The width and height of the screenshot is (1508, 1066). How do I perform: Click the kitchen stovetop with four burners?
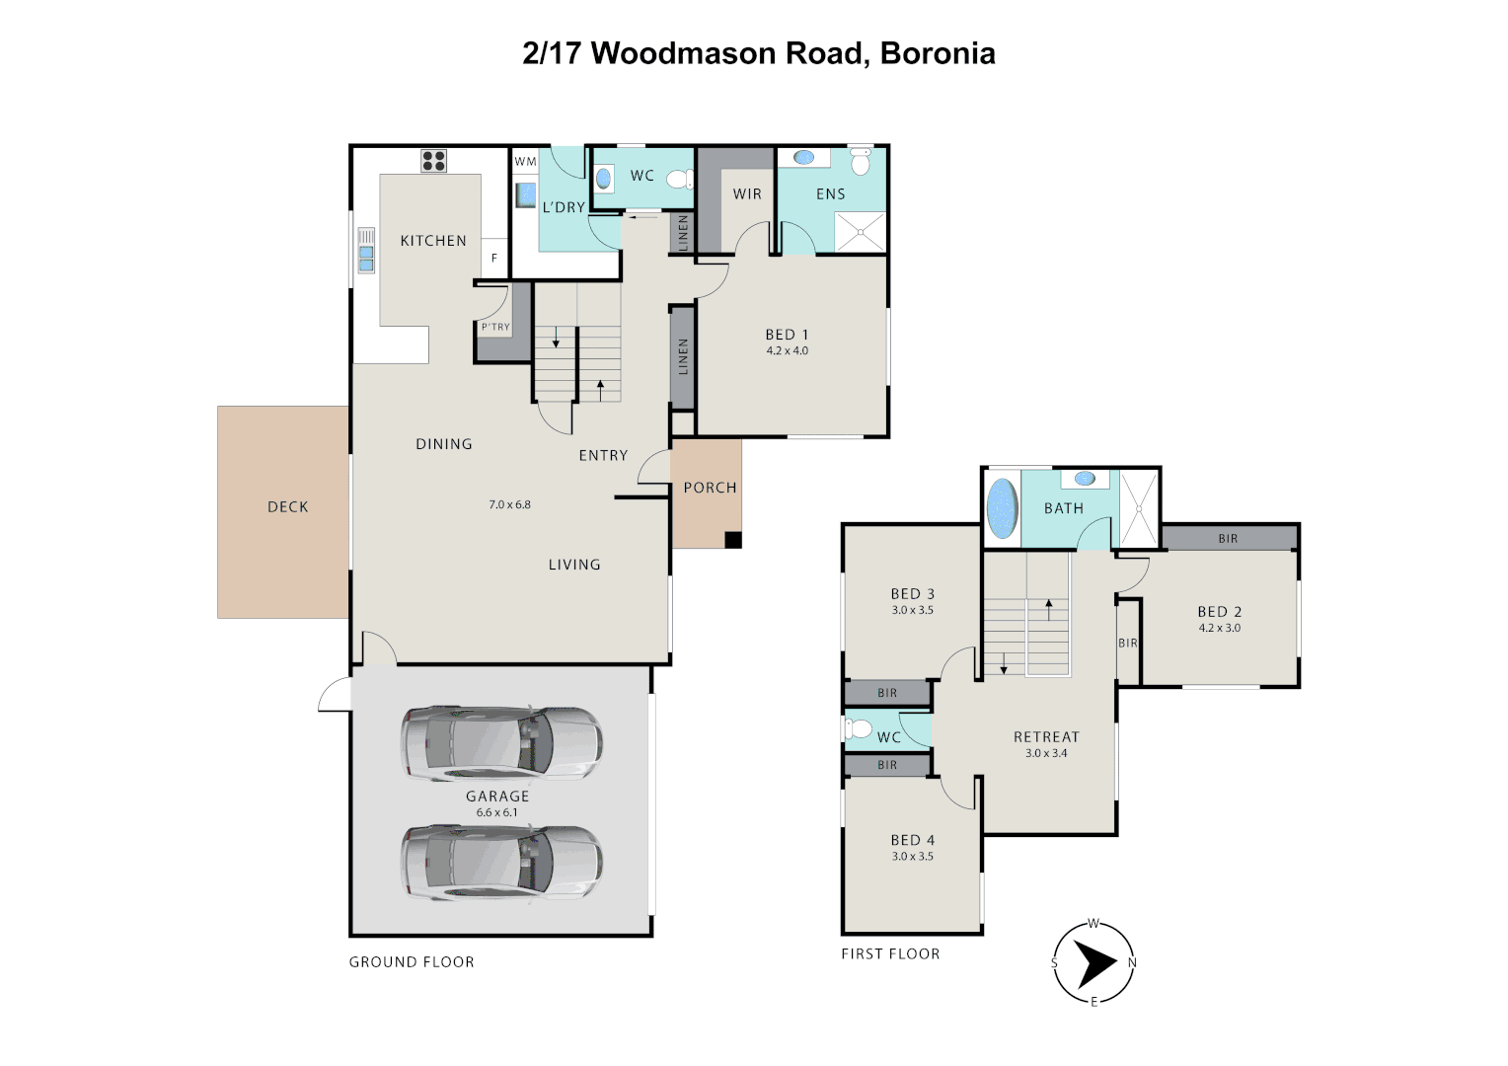(433, 161)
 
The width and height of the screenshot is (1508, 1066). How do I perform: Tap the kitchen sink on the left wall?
(366, 251)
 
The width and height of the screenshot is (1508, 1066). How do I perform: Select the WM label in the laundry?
(525, 162)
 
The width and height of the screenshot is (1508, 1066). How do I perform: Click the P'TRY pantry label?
(495, 327)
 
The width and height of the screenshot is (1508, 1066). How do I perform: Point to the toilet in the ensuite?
(861, 161)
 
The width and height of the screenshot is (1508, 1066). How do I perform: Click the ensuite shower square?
(860, 232)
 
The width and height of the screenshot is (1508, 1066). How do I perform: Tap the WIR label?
(747, 194)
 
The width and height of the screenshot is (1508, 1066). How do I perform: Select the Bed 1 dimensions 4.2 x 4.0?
(787, 350)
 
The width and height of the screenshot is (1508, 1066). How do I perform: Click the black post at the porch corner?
(732, 539)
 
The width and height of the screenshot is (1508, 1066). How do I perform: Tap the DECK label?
(288, 506)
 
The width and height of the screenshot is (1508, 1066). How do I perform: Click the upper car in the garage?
(501, 742)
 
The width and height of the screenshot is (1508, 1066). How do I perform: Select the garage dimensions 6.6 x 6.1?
(496, 812)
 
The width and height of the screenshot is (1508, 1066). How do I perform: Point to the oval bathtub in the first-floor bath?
(1002, 507)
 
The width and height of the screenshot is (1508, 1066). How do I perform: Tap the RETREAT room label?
(1046, 736)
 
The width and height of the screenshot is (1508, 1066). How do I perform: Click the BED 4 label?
(912, 840)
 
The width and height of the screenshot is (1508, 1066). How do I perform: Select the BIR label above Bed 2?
(1228, 539)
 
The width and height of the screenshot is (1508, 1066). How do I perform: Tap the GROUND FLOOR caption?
(412, 961)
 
